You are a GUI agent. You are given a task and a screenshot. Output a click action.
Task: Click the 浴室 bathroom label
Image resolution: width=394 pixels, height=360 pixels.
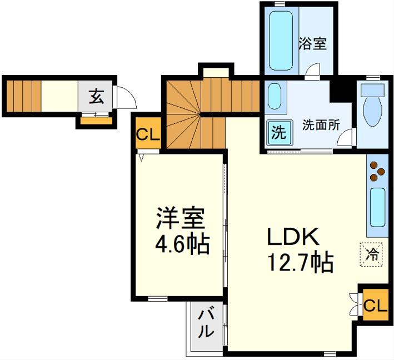(x=312, y=44)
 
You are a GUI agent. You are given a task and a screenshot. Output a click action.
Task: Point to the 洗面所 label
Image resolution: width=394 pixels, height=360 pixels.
(x=321, y=125)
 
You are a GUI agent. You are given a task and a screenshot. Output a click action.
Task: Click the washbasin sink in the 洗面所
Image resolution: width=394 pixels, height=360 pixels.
(x=274, y=97)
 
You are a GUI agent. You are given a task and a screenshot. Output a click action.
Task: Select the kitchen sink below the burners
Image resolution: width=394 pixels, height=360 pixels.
(x=377, y=208)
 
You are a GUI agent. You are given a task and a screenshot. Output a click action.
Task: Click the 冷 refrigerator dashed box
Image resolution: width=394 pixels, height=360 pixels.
(x=371, y=254)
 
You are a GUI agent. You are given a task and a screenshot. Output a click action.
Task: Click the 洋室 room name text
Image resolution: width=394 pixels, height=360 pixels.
(x=181, y=218)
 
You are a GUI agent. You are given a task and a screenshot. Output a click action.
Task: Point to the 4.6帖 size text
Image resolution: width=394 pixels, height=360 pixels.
(x=182, y=244)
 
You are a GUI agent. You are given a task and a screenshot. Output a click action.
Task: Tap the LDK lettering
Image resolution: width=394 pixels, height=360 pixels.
(x=293, y=237)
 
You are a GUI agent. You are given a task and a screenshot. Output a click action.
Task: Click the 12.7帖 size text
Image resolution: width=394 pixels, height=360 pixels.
(x=301, y=263)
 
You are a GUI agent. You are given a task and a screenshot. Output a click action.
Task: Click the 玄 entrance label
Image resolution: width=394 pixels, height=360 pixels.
(x=96, y=96)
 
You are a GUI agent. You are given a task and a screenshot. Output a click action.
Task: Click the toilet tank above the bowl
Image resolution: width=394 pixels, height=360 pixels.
(x=373, y=90)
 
